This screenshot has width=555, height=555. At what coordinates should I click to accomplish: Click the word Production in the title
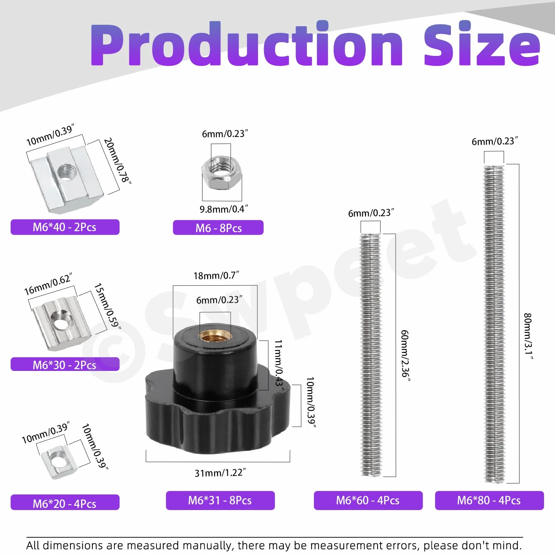(247, 44)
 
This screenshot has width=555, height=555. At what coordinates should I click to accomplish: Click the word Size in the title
(482, 44)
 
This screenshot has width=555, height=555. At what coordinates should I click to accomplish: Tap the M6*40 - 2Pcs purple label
(65, 227)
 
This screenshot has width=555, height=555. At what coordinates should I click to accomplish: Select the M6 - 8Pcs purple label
(218, 228)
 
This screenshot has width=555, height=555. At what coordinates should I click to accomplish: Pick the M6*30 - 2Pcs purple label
(65, 364)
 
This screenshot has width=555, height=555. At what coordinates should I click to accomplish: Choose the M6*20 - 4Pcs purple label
(65, 502)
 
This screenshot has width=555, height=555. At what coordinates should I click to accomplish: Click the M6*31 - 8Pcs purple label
(220, 500)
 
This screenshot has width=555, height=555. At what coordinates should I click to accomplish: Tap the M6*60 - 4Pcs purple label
(368, 500)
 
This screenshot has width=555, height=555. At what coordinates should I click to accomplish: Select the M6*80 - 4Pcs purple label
(489, 500)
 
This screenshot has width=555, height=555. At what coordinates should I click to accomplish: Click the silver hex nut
(221, 173)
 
